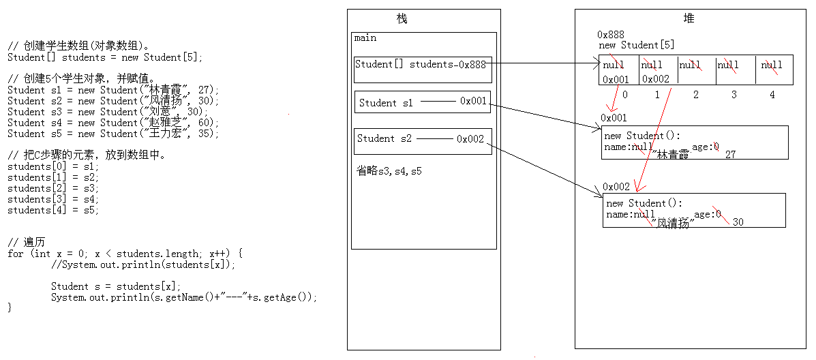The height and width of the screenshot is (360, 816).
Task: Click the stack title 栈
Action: coord(402,19)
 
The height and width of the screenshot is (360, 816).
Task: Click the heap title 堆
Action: coord(689,19)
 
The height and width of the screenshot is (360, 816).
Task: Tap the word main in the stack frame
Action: coord(365,38)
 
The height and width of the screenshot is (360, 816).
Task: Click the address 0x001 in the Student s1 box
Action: coord(473,102)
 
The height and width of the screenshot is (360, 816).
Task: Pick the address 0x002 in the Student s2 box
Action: coord(470,139)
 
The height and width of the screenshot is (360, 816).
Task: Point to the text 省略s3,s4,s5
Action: coord(389,171)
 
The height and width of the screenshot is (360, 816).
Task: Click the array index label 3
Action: coord(734,95)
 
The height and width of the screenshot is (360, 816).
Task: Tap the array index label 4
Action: coord(772,95)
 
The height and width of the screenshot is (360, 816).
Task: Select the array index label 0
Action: coord(624,95)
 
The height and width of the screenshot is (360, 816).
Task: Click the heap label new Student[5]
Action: coord(636,45)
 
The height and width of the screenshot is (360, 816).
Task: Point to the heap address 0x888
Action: coord(611,35)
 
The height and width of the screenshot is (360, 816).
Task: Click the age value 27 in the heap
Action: coord(730,155)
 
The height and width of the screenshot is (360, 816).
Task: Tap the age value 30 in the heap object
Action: coord(738,222)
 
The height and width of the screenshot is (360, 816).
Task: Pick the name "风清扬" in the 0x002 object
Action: coord(672,223)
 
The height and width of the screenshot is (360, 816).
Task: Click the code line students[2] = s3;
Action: coord(53,188)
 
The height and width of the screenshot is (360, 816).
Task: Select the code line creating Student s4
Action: coord(113,123)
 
